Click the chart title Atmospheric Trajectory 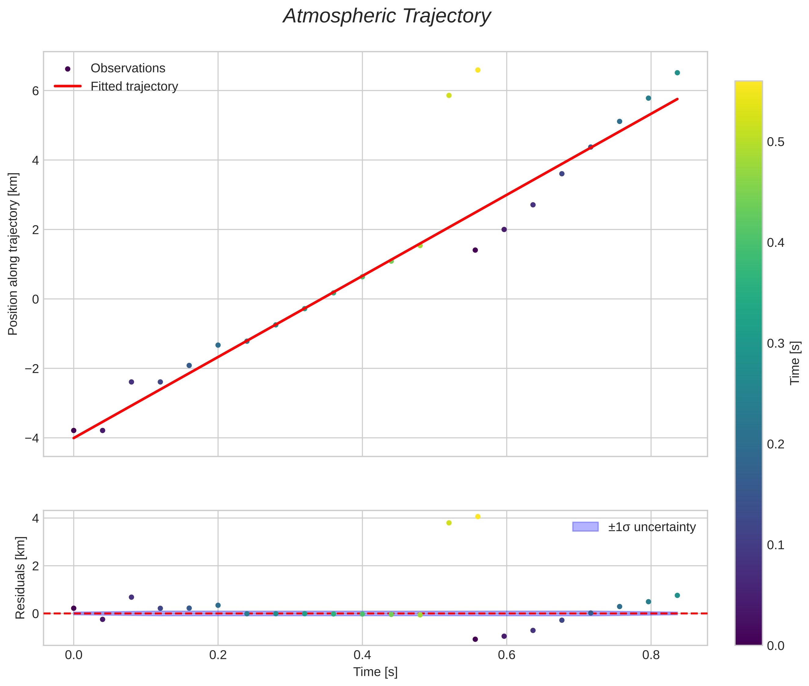pyautogui.click(x=387, y=16)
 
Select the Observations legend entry pyautogui.click(x=128, y=68)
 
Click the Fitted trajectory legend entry pyautogui.click(x=134, y=86)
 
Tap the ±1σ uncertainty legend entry pyautogui.click(x=651, y=527)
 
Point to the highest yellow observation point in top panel pyautogui.click(x=478, y=70)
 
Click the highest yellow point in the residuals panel pyautogui.click(x=478, y=516)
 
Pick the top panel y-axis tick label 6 pyautogui.click(x=35, y=91)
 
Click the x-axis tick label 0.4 pyautogui.click(x=362, y=655)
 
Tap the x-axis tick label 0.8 pyautogui.click(x=651, y=655)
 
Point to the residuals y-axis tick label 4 pyautogui.click(x=35, y=518)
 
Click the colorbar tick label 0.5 pyautogui.click(x=775, y=142)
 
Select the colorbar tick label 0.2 pyautogui.click(x=775, y=444)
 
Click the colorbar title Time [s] pyautogui.click(x=795, y=363)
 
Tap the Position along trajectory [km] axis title pyautogui.click(x=13, y=254)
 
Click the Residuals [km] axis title pyautogui.click(x=20, y=578)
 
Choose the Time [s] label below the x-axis pyautogui.click(x=375, y=672)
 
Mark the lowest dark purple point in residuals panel pyautogui.click(x=475, y=639)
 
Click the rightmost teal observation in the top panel pyautogui.click(x=677, y=73)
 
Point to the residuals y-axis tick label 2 pyautogui.click(x=35, y=566)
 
